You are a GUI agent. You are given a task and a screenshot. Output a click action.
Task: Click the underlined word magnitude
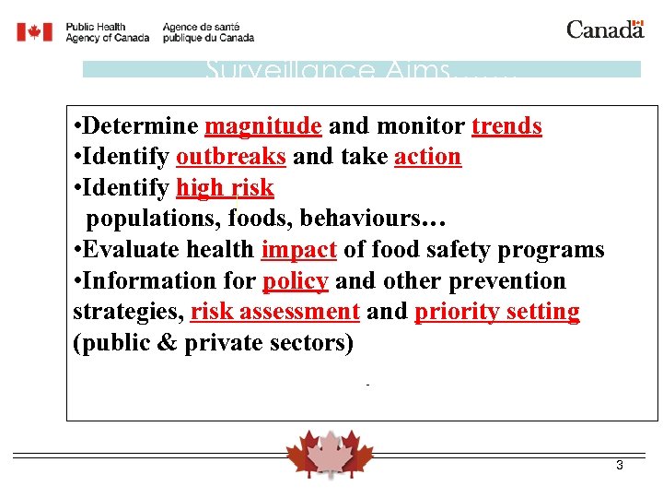point(262,126)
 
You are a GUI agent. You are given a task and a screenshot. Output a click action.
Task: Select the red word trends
point(506,126)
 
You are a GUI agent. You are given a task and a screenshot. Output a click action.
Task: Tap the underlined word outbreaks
point(231,157)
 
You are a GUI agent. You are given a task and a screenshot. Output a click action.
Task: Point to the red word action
point(427,157)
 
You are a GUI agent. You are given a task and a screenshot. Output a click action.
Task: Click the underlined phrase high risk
point(225,188)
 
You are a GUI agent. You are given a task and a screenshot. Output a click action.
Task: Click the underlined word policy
point(295,281)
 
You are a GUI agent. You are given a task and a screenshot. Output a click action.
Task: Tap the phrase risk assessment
point(274,312)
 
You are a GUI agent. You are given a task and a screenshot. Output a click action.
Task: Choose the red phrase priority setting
point(497,312)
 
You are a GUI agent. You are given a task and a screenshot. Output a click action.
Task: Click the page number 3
point(620,466)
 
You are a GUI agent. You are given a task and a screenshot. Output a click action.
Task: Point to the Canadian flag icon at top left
point(35,32)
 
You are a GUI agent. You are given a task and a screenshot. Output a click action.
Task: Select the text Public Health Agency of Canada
point(107,32)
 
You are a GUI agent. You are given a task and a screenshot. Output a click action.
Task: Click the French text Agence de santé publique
point(208,32)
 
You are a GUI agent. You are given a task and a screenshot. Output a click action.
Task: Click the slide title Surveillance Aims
point(359,70)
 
